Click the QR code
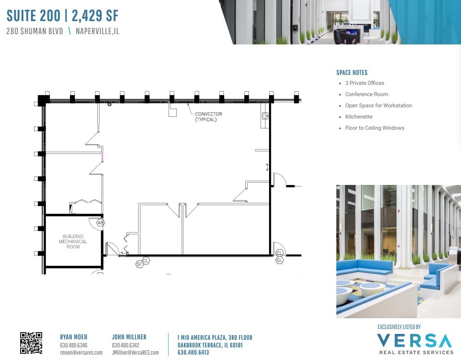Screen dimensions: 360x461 coord(31,343)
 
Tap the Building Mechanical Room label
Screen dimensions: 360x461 coord(73,241)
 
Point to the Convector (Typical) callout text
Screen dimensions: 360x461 coord(209,117)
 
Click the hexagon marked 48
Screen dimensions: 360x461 coord(100,223)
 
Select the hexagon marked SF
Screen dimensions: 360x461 coord(139,264)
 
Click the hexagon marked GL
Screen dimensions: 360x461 coord(279,260)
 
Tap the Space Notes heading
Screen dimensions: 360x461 coord(352,72)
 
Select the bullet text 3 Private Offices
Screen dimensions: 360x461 coord(365,83)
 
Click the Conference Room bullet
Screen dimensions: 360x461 coord(366,94)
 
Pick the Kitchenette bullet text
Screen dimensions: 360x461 coord(359,117)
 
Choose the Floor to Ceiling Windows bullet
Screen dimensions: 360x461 coord(374,128)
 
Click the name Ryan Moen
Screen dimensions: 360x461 coord(74,337)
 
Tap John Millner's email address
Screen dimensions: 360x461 coord(135,352)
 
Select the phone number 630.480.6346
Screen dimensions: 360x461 coord(74,345)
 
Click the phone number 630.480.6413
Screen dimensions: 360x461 coord(193,352)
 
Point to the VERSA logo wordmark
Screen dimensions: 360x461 coord(415,341)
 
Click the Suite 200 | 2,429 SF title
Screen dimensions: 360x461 coord(62,16)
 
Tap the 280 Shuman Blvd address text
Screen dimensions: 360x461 coord(35,31)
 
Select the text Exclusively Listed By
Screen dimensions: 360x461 coord(399,327)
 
